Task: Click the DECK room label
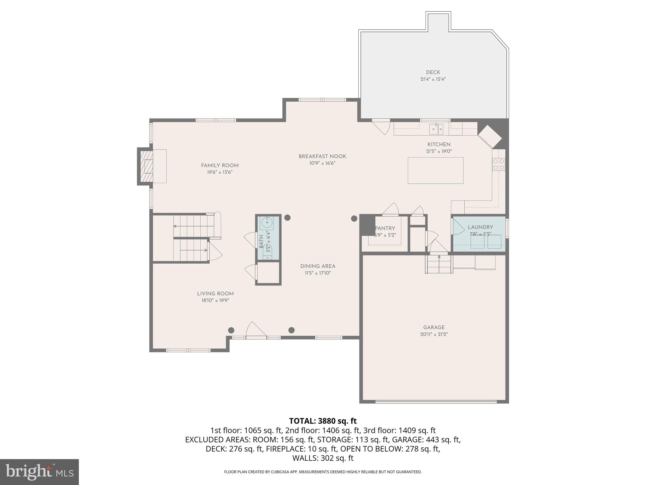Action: [x=433, y=72]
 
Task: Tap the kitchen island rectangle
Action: [x=435, y=171]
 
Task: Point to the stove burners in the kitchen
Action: [x=498, y=164]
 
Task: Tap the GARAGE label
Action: [x=434, y=327]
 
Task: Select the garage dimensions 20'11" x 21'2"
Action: [x=434, y=334]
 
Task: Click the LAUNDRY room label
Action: [x=480, y=227]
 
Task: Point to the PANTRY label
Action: [x=385, y=228]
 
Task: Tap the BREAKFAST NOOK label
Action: [x=322, y=156]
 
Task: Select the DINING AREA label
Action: [x=318, y=266]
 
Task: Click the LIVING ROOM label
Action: [x=215, y=294]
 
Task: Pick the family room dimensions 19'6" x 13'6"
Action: [x=220, y=172]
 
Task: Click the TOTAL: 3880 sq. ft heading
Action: [x=323, y=421]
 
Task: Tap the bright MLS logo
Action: [x=39, y=472]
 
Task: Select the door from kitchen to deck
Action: [x=381, y=126]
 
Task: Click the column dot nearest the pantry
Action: [x=354, y=218]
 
